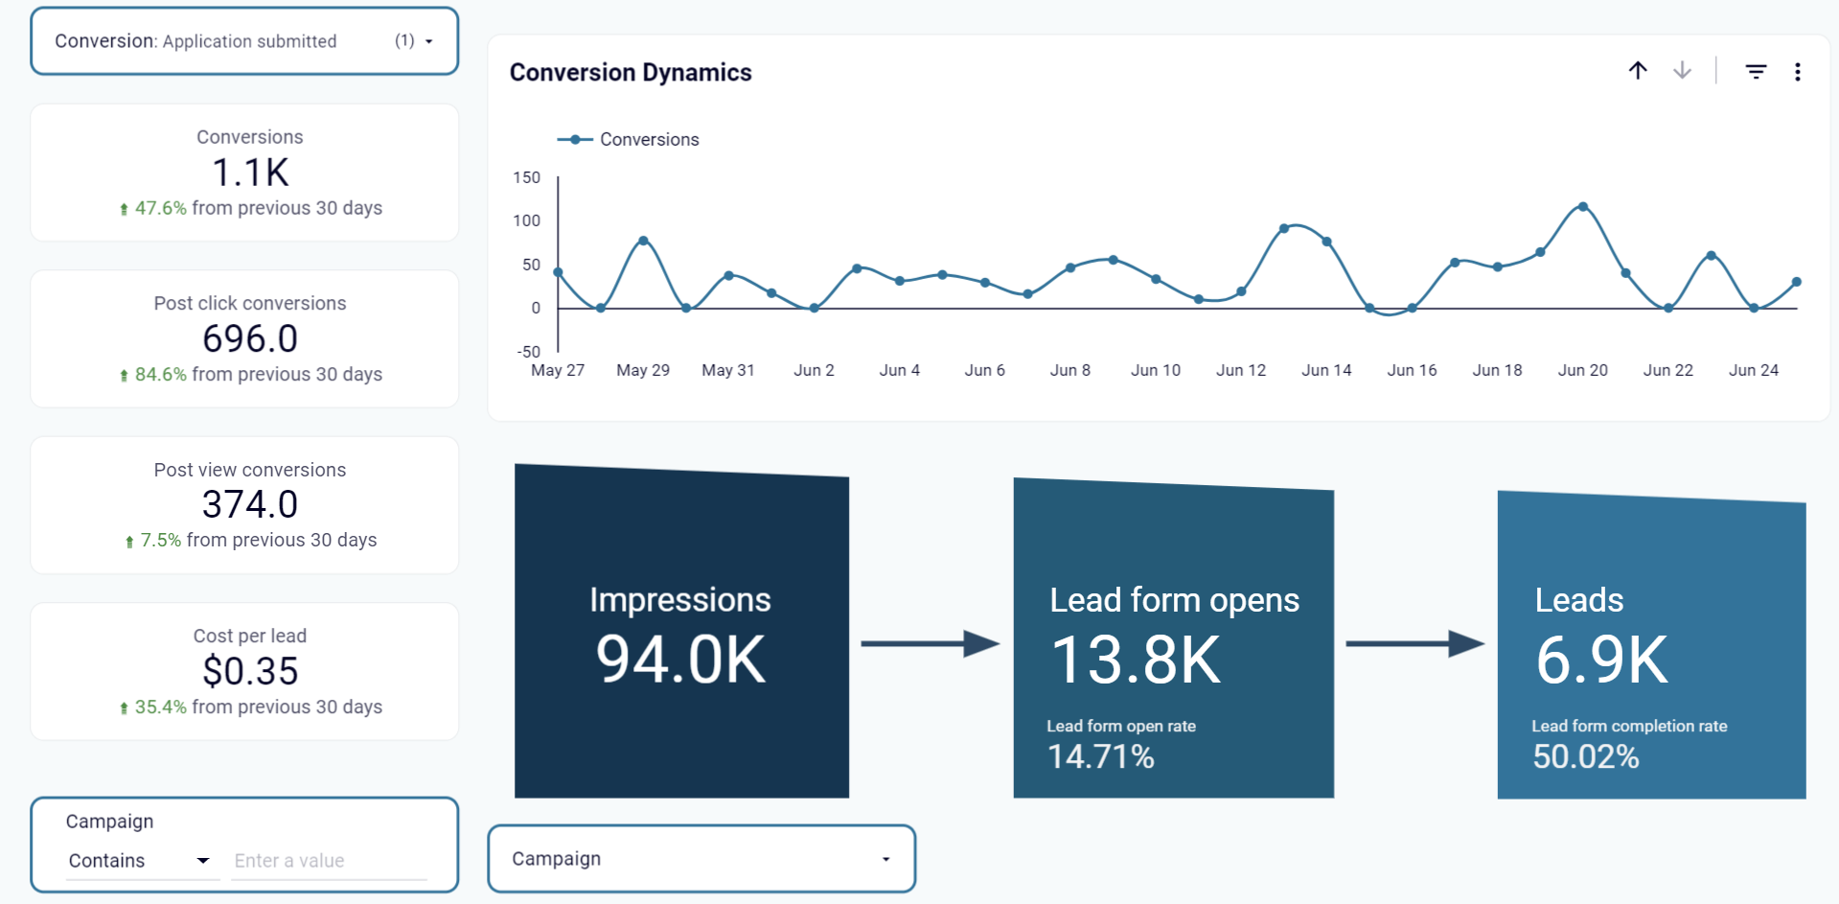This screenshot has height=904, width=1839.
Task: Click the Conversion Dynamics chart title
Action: pyautogui.click(x=630, y=73)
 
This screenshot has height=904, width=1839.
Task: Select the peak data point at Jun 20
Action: pyautogui.click(x=1582, y=207)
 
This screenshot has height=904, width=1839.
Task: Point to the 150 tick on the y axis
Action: pyautogui.click(x=527, y=177)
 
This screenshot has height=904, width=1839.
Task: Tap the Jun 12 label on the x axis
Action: pyautogui.click(x=1240, y=370)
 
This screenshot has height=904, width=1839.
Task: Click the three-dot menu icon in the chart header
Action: pyautogui.click(x=1797, y=72)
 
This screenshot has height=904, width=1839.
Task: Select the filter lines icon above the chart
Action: pyautogui.click(x=1755, y=72)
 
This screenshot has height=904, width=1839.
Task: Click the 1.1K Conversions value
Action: pyautogui.click(x=250, y=174)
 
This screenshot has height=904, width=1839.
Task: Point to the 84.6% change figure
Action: pyautogui.click(x=160, y=375)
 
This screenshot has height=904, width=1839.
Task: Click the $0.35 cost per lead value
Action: pyautogui.click(x=250, y=671)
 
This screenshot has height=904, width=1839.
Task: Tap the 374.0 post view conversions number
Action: pyautogui.click(x=250, y=504)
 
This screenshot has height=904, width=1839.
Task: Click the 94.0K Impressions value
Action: pyautogui.click(x=680, y=660)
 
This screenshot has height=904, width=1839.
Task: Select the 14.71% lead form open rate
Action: pyautogui.click(x=1100, y=757)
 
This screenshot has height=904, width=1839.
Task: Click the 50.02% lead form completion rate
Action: pyautogui.click(x=1585, y=757)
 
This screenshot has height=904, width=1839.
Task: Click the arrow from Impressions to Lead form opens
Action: pyautogui.click(x=930, y=644)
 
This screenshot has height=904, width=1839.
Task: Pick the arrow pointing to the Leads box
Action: pyautogui.click(x=1414, y=644)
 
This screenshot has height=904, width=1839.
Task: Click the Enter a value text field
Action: pyautogui.click(x=328, y=861)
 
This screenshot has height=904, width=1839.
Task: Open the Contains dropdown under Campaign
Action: pyautogui.click(x=139, y=861)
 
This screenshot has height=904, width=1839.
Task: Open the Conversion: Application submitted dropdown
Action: pyautogui.click(x=244, y=41)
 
